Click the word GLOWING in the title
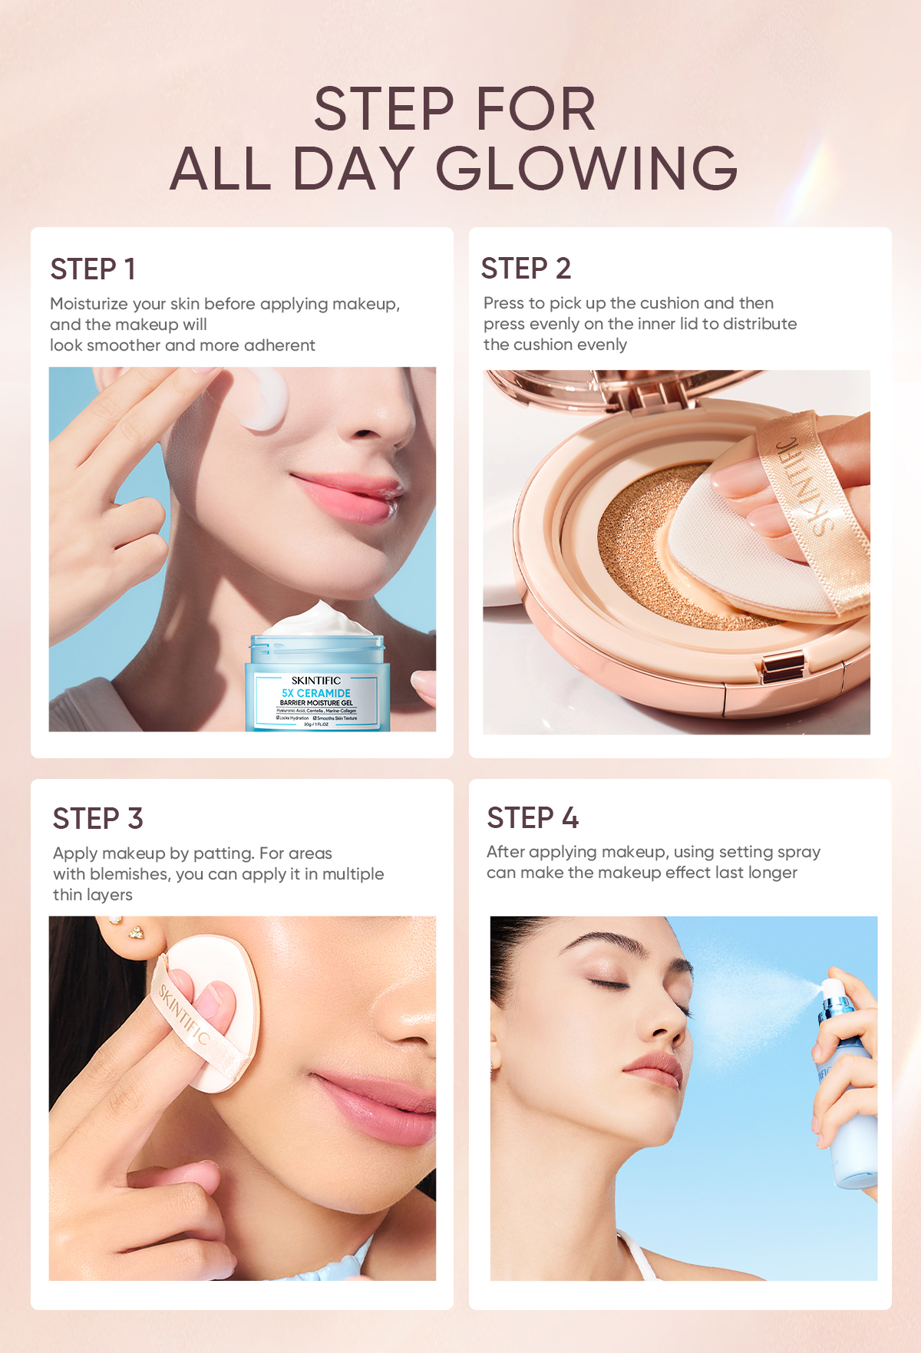586,169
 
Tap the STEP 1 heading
93,269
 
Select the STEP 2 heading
526,269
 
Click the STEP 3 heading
97,819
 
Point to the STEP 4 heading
532,818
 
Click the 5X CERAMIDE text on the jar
315,693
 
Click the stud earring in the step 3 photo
136,932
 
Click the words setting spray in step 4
769,852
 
